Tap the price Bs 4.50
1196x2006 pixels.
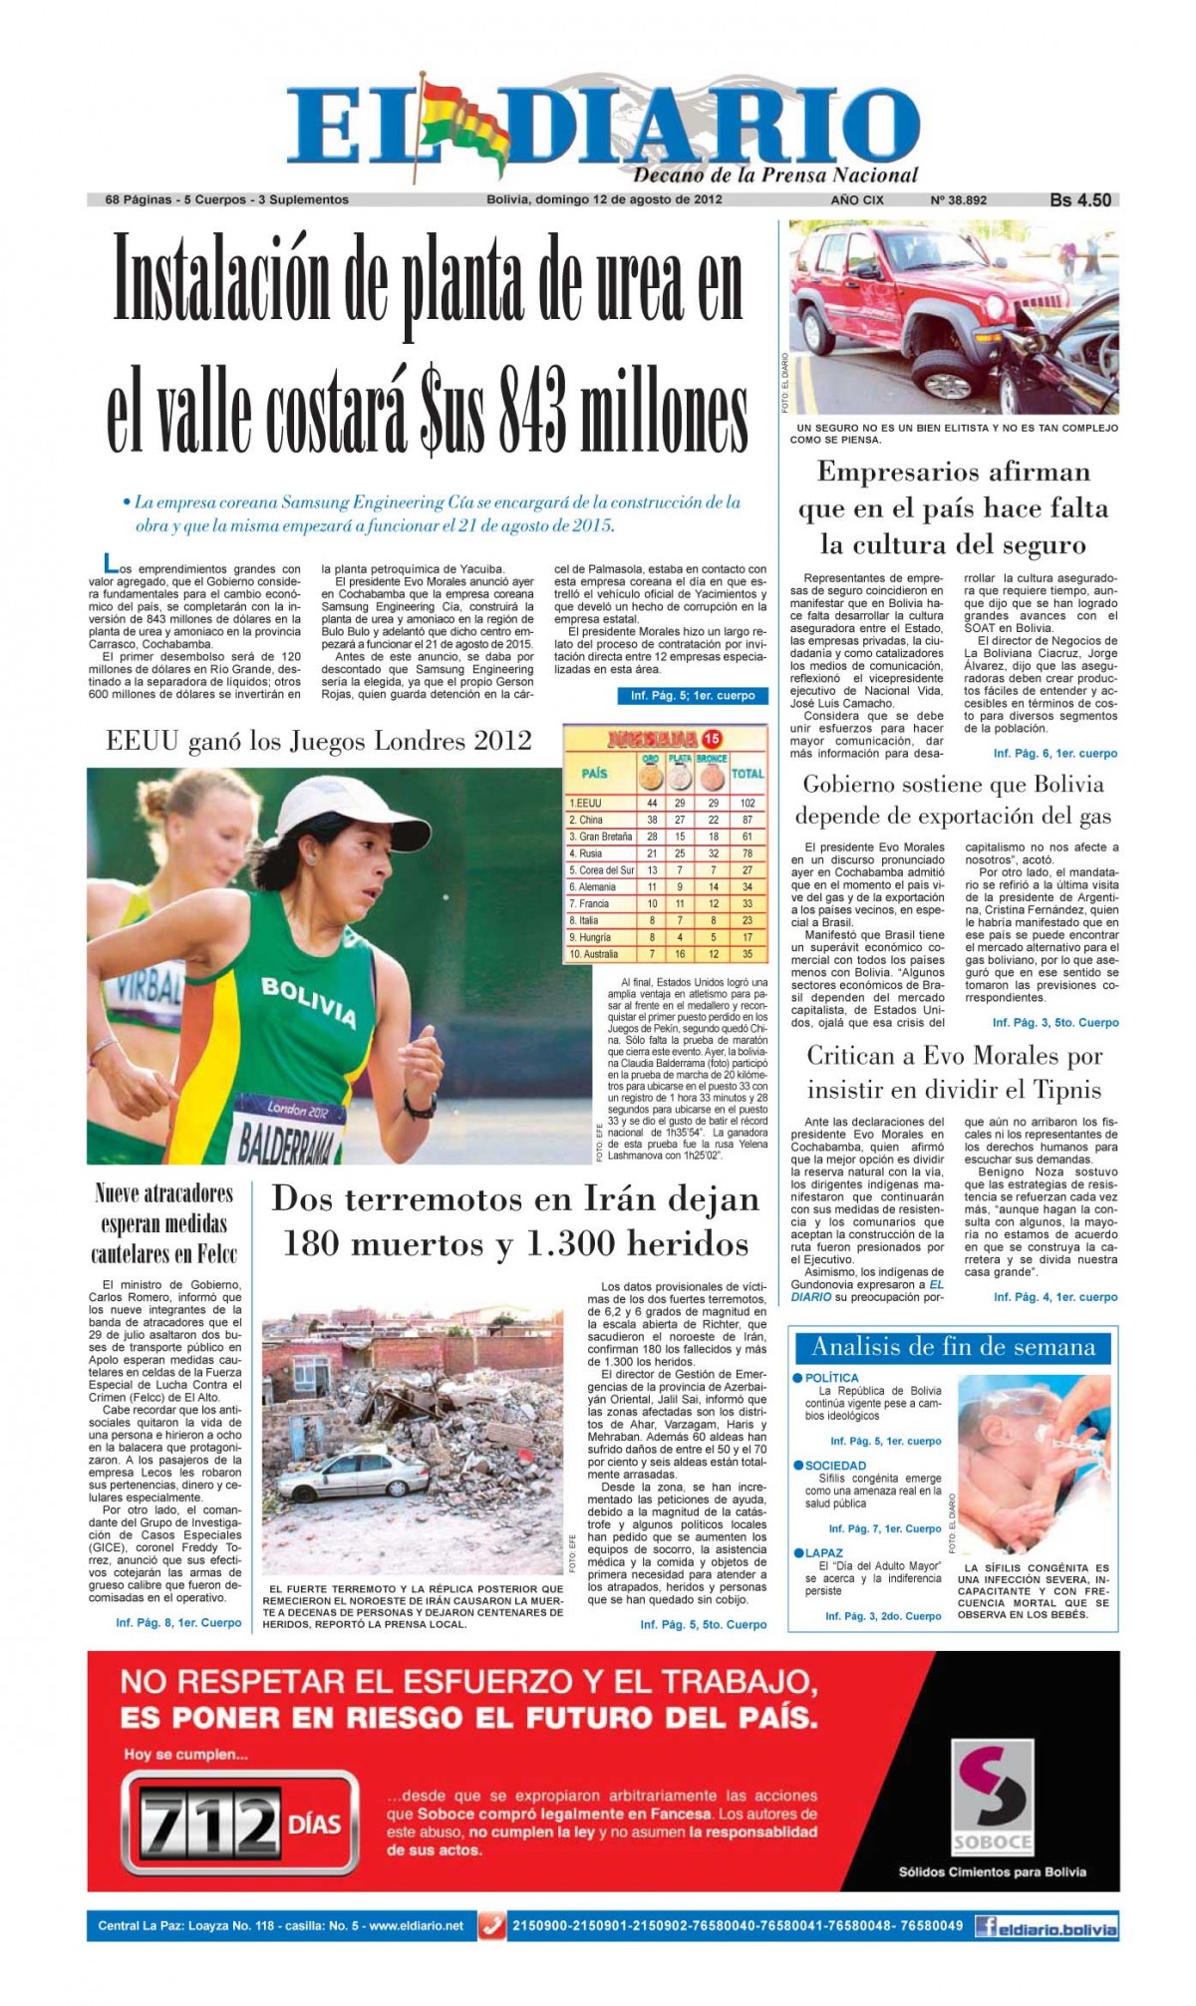coord(1079,199)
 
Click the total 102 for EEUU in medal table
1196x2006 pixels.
coord(747,803)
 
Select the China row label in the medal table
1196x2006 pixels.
coord(591,820)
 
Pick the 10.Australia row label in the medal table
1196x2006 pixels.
coord(594,954)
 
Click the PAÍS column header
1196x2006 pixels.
coord(594,773)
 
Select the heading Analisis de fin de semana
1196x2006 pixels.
coord(953,1348)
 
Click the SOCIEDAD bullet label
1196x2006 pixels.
coord(835,1466)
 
